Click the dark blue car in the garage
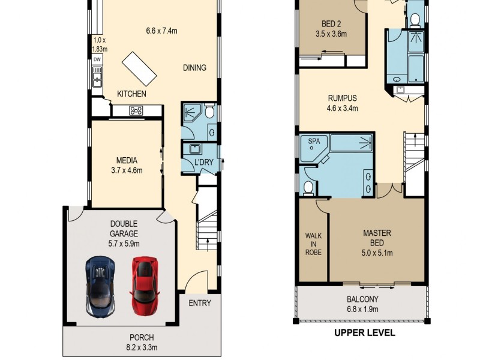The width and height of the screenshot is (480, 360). pyautogui.click(x=100, y=285)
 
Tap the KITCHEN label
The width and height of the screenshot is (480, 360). pyautogui.click(x=131, y=94)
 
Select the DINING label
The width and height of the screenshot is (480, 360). pyautogui.click(x=194, y=68)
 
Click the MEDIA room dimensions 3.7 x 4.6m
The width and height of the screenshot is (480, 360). pyautogui.click(x=127, y=170)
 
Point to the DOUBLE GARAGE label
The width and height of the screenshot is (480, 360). pyautogui.click(x=124, y=229)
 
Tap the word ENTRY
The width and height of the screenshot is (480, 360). pyautogui.click(x=200, y=303)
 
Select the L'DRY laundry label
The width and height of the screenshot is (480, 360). pyautogui.click(x=200, y=162)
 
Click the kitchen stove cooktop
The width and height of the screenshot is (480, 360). pyautogui.click(x=136, y=110)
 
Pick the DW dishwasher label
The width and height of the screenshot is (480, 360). pyautogui.click(x=97, y=59)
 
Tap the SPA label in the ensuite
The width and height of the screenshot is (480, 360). pyautogui.click(x=314, y=142)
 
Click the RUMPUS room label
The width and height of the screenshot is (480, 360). pyautogui.click(x=342, y=98)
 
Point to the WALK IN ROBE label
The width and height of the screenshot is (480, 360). pyautogui.click(x=313, y=244)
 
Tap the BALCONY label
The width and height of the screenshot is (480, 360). pyautogui.click(x=362, y=299)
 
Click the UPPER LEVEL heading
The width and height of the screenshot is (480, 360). pyautogui.click(x=365, y=332)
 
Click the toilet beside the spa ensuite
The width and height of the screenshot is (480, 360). pyautogui.click(x=308, y=188)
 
